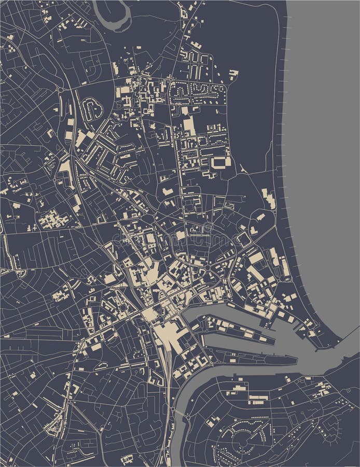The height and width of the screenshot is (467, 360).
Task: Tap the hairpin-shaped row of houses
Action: pyautogui.click(x=93, y=109)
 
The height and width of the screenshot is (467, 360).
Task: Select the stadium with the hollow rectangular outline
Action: pyautogui.click(x=221, y=162)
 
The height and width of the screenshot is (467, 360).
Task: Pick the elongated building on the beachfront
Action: pyautogui.click(x=269, y=199)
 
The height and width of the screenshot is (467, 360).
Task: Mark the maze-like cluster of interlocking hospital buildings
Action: pyautogui.click(x=52, y=220)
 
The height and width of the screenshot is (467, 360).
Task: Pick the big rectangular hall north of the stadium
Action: pyautogui.click(x=190, y=125)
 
